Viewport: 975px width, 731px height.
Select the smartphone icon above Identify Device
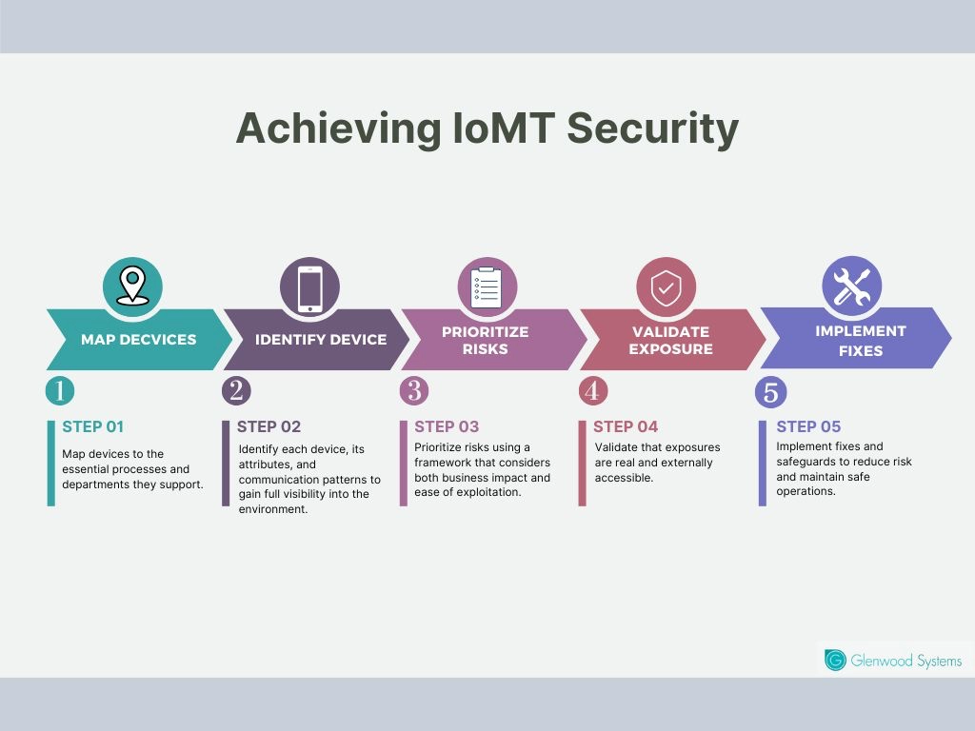(x=309, y=287)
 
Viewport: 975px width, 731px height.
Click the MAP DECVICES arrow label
(x=138, y=339)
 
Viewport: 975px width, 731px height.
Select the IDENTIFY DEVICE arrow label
(x=320, y=339)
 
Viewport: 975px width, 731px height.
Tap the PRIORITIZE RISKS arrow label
(x=485, y=340)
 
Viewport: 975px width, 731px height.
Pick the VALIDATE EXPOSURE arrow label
(x=669, y=340)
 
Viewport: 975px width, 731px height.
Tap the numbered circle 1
(x=59, y=391)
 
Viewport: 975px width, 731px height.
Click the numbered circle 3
(x=413, y=391)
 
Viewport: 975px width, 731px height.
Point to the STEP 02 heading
(x=269, y=426)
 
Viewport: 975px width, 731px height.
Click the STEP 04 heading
(x=626, y=426)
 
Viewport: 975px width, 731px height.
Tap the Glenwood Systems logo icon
(x=835, y=661)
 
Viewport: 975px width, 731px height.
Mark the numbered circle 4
(x=592, y=391)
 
